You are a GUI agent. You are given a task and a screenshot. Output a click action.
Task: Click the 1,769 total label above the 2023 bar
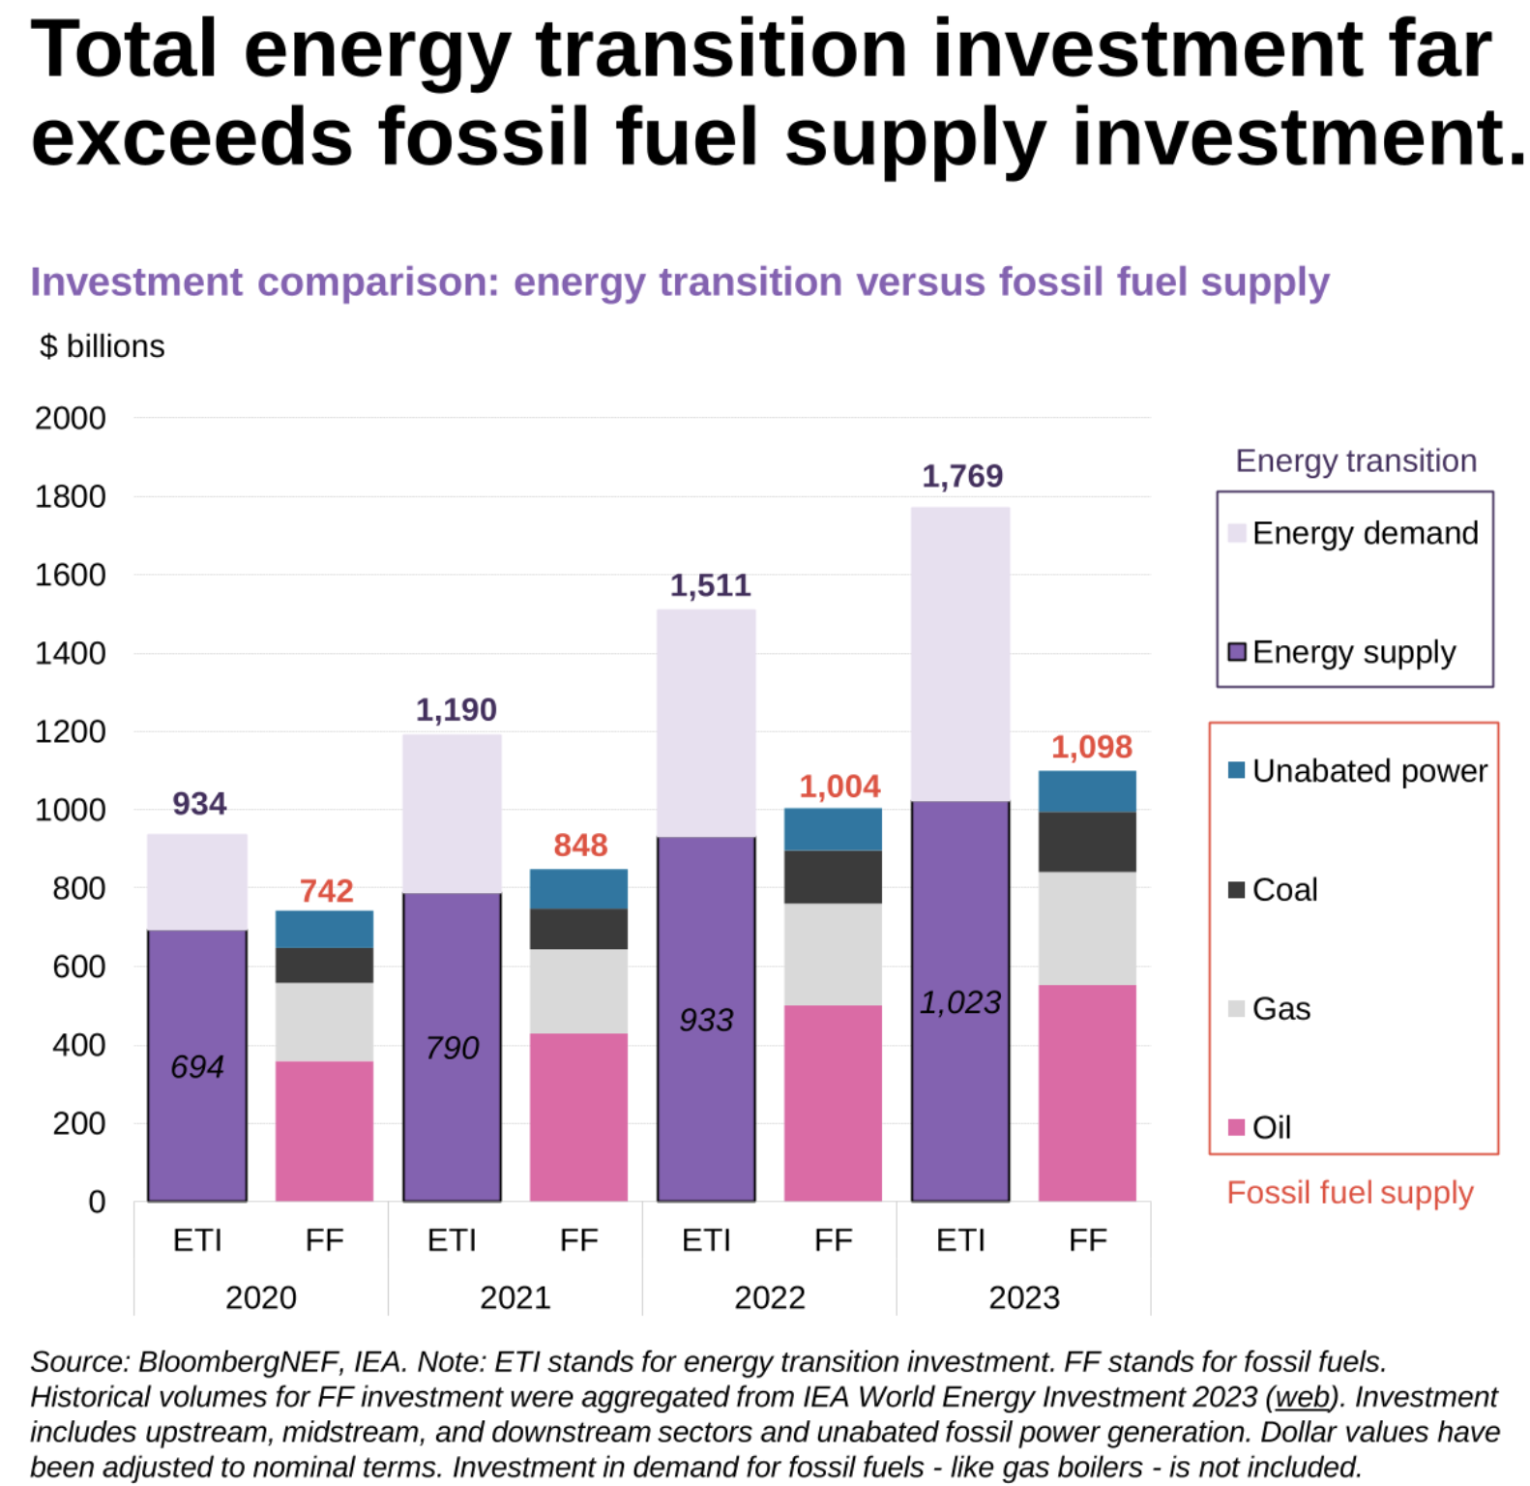[x=961, y=476]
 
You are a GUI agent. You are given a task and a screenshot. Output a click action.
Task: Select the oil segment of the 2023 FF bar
[x=1087, y=1092]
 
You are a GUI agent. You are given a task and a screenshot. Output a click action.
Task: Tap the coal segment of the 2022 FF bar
[x=833, y=877]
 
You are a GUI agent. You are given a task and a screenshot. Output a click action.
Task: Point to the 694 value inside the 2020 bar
[x=197, y=1066]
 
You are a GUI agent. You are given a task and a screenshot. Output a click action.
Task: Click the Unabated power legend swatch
[x=1236, y=770]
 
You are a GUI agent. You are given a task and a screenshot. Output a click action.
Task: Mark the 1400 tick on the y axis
[x=70, y=653]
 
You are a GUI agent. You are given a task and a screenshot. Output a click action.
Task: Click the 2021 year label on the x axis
[x=515, y=1297]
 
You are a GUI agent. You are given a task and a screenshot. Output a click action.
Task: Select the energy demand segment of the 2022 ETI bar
[x=706, y=723]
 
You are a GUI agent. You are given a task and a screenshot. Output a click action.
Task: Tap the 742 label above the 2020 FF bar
[x=326, y=890]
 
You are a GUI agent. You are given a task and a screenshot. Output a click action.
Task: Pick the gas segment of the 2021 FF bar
[x=578, y=991]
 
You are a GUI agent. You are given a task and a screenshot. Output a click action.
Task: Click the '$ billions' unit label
[x=102, y=346]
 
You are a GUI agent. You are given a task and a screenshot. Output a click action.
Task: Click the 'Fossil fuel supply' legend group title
[x=1349, y=1193]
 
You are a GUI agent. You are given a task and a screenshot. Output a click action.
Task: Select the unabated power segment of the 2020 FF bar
[x=324, y=929]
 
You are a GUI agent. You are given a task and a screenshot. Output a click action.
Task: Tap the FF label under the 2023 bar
[x=1087, y=1240]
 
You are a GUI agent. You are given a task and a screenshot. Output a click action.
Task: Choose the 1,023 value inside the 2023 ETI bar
[x=959, y=1002]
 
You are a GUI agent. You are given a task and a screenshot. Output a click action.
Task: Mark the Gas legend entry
[x=1280, y=1008]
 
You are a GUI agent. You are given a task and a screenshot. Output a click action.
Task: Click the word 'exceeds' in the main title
[x=191, y=136]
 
